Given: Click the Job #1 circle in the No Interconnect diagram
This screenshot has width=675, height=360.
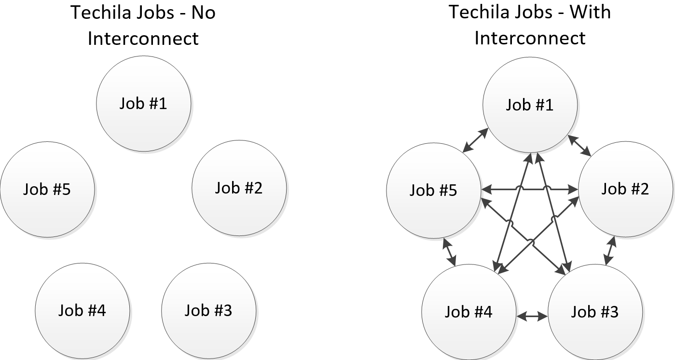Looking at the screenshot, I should click(x=144, y=103).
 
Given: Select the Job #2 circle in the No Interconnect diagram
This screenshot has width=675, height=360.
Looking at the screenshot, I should click(x=239, y=188).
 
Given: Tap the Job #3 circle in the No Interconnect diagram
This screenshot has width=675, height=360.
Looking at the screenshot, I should click(x=208, y=310).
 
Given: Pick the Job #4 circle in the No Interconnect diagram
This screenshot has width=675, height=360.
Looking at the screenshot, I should click(x=83, y=310).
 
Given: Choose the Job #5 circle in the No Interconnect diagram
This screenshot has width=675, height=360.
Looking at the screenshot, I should click(x=47, y=189).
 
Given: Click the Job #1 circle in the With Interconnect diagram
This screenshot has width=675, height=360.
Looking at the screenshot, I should click(x=530, y=105).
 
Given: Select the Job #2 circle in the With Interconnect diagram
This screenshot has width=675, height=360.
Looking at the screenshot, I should click(x=625, y=189).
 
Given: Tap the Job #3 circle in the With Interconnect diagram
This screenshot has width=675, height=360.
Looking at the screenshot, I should click(x=595, y=312).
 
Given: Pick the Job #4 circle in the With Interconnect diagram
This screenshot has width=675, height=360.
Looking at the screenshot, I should click(x=468, y=312).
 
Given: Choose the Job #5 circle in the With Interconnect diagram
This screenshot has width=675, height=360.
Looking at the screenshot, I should click(x=434, y=191).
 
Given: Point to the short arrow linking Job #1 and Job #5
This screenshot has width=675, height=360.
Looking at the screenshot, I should click(x=474, y=141).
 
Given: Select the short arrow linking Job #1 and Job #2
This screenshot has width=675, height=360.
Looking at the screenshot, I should click(x=579, y=146).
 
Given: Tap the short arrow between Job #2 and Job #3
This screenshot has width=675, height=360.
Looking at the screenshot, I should click(x=610, y=250).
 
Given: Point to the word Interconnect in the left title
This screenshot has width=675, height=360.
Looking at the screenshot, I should click(x=143, y=38).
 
